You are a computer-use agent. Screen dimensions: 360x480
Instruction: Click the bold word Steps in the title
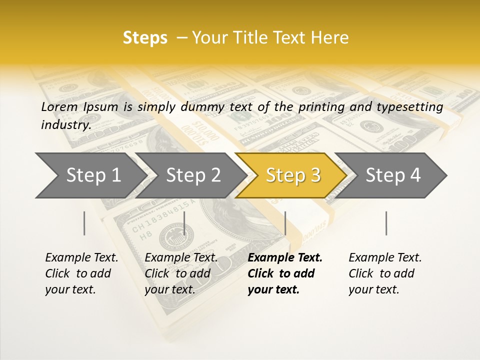tap(145, 38)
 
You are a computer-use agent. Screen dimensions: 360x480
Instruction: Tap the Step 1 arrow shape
tap(90, 175)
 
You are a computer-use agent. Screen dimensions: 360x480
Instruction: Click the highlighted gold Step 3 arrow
tap(292, 175)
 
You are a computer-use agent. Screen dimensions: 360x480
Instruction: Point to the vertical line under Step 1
tap(84, 223)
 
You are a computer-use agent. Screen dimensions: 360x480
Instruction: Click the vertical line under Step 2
tap(185, 223)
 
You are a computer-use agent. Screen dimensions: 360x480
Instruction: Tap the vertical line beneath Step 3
tap(285, 223)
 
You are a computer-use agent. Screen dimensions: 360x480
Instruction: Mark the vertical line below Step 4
tap(386, 223)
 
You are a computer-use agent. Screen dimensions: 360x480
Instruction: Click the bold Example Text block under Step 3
tap(285, 273)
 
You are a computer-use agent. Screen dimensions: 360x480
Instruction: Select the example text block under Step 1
tap(81, 273)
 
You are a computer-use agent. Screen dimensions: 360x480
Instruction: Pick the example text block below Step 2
tap(181, 273)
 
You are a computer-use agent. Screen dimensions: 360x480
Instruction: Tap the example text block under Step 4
tap(385, 273)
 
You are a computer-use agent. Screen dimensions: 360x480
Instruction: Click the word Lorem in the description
tap(59, 106)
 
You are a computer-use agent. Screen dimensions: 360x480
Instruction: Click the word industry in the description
tap(65, 125)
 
